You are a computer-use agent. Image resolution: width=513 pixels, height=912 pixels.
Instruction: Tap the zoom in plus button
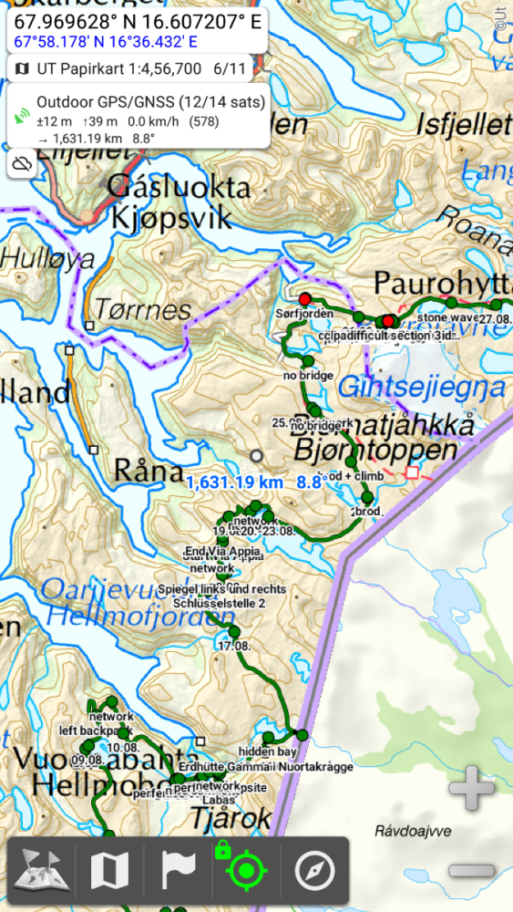pos(472,788)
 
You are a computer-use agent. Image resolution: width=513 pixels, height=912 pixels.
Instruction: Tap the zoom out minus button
pos(472,869)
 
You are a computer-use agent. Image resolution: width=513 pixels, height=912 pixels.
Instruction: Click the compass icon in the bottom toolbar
pos(314,872)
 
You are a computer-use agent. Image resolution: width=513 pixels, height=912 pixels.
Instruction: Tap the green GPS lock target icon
pos(245,872)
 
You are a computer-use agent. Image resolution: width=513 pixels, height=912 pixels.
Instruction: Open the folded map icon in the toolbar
pos(110,872)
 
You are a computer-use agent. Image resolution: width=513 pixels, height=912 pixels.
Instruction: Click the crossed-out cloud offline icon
pos(23,164)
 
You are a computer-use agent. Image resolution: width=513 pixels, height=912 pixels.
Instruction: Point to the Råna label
pos(149,471)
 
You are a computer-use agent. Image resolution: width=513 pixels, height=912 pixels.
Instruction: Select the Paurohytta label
pos(442,279)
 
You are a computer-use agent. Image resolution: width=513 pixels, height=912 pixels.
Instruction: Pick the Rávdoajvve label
pos(413,831)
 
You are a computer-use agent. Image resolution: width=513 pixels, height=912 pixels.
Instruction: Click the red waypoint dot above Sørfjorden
pos(304,298)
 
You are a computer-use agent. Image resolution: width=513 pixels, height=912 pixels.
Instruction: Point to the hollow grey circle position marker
pos(257,455)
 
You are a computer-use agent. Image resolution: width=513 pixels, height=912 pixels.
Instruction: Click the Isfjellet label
pos(463,126)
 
